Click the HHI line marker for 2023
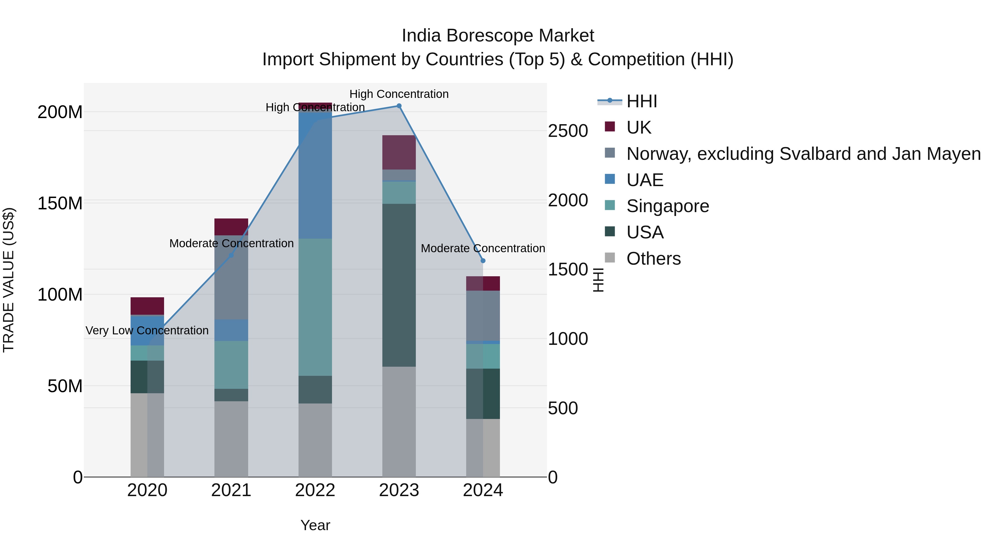pyautogui.click(x=399, y=106)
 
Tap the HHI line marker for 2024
pyautogui.click(x=483, y=261)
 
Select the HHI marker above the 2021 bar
pyautogui.click(x=231, y=256)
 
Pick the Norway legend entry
pyautogui.click(x=803, y=154)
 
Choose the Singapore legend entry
pyautogui.click(x=668, y=206)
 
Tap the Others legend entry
pyautogui.click(x=653, y=259)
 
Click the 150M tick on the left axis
pyautogui.click(x=60, y=203)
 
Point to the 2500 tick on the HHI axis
pyautogui.click(x=568, y=131)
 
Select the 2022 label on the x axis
pyautogui.click(x=315, y=490)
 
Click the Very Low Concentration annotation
pyautogui.click(x=147, y=330)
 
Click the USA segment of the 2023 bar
pyautogui.click(x=399, y=285)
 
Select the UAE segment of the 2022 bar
pyautogui.click(x=315, y=174)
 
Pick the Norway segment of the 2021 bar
pyautogui.click(x=231, y=277)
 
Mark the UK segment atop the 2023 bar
pyautogui.click(x=399, y=152)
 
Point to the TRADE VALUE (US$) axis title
pyautogui.click(x=9, y=280)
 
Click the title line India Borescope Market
pyautogui.click(x=498, y=36)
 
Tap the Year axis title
pyautogui.click(x=315, y=525)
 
